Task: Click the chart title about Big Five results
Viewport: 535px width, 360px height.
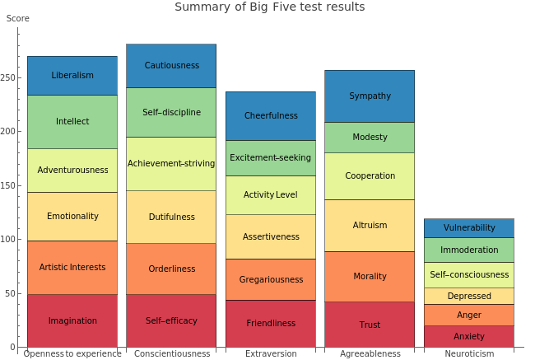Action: (270, 7)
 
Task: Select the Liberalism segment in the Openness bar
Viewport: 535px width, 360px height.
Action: (72, 76)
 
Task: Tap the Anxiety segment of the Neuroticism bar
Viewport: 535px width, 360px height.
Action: (469, 336)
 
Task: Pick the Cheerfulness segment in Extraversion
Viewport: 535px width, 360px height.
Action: (271, 116)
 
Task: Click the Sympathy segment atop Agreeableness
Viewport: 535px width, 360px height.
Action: (370, 96)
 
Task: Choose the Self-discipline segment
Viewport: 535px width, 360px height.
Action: (171, 113)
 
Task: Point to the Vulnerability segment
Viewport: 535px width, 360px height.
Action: (469, 228)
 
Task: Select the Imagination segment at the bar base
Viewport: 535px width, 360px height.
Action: (72, 321)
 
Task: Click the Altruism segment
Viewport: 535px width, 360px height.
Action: (370, 226)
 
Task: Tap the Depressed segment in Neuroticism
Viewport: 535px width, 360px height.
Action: (469, 297)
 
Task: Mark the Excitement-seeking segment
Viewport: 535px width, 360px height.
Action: (271, 158)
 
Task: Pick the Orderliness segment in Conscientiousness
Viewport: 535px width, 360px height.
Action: (171, 269)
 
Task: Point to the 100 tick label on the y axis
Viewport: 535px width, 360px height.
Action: (8, 240)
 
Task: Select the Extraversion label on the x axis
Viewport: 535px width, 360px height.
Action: (271, 354)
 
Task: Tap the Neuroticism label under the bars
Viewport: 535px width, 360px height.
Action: (469, 354)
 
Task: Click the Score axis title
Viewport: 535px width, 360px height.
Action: (17, 19)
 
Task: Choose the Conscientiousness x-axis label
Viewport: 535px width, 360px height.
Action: (171, 354)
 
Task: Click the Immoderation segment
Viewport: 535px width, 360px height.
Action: (469, 250)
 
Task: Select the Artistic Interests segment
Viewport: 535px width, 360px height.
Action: (72, 268)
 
